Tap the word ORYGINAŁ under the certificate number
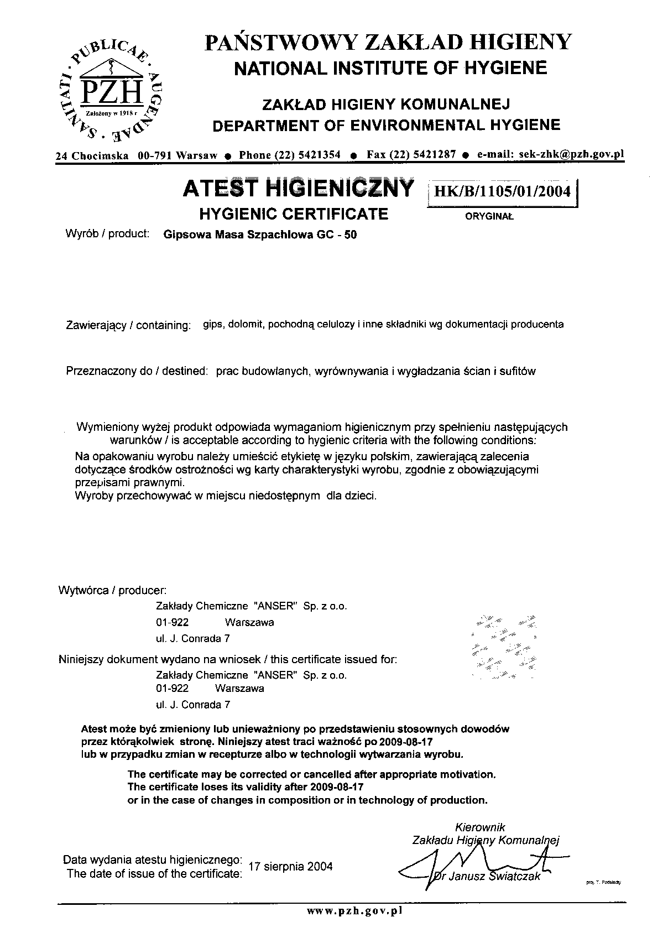[x=489, y=217]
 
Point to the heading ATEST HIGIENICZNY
[x=298, y=189]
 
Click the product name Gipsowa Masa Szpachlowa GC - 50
[x=260, y=235]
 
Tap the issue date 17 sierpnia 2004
[x=291, y=867]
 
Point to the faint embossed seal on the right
[x=503, y=645]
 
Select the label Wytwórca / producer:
[x=112, y=590]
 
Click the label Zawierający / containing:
[x=128, y=325]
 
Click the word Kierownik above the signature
[x=480, y=827]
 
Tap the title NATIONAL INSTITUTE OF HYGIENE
[x=390, y=68]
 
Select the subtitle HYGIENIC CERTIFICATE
[x=293, y=214]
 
